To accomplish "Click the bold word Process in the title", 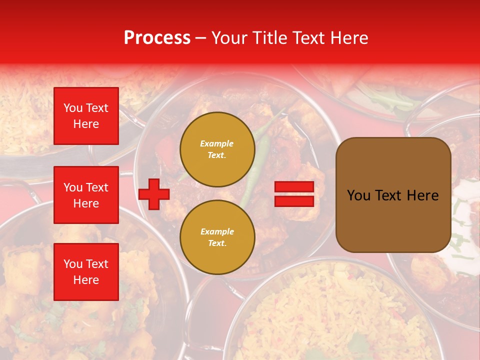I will pos(157,38).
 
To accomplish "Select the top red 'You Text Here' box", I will pos(86,116).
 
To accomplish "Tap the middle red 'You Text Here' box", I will pos(86,195).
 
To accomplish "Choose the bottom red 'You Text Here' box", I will pos(86,272).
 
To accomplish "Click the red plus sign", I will pos(154,194).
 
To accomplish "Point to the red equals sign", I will pos(294,194).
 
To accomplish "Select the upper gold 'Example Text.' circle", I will pos(217,149).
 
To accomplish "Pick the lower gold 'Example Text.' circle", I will pos(217,237).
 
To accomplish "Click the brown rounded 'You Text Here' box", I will pos(393,195).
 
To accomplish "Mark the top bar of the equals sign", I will pos(294,187).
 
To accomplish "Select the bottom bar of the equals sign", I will pos(294,201).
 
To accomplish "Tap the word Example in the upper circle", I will pos(217,143).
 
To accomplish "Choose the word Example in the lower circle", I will pos(217,231).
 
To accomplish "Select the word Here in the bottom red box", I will pos(86,280).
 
